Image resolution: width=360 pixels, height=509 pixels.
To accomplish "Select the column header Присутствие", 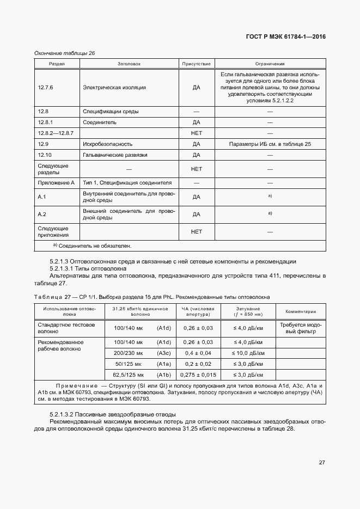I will tap(196, 64).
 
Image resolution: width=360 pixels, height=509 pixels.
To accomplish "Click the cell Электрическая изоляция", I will tap(114, 87).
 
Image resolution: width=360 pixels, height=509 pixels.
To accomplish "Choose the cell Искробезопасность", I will tap(107, 144).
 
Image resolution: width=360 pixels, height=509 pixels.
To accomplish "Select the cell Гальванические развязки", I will tap(115, 155).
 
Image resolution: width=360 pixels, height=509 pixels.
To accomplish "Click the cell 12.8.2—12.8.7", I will tap(56, 133).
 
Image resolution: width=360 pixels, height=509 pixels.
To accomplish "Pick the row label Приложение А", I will tap(56, 183).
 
